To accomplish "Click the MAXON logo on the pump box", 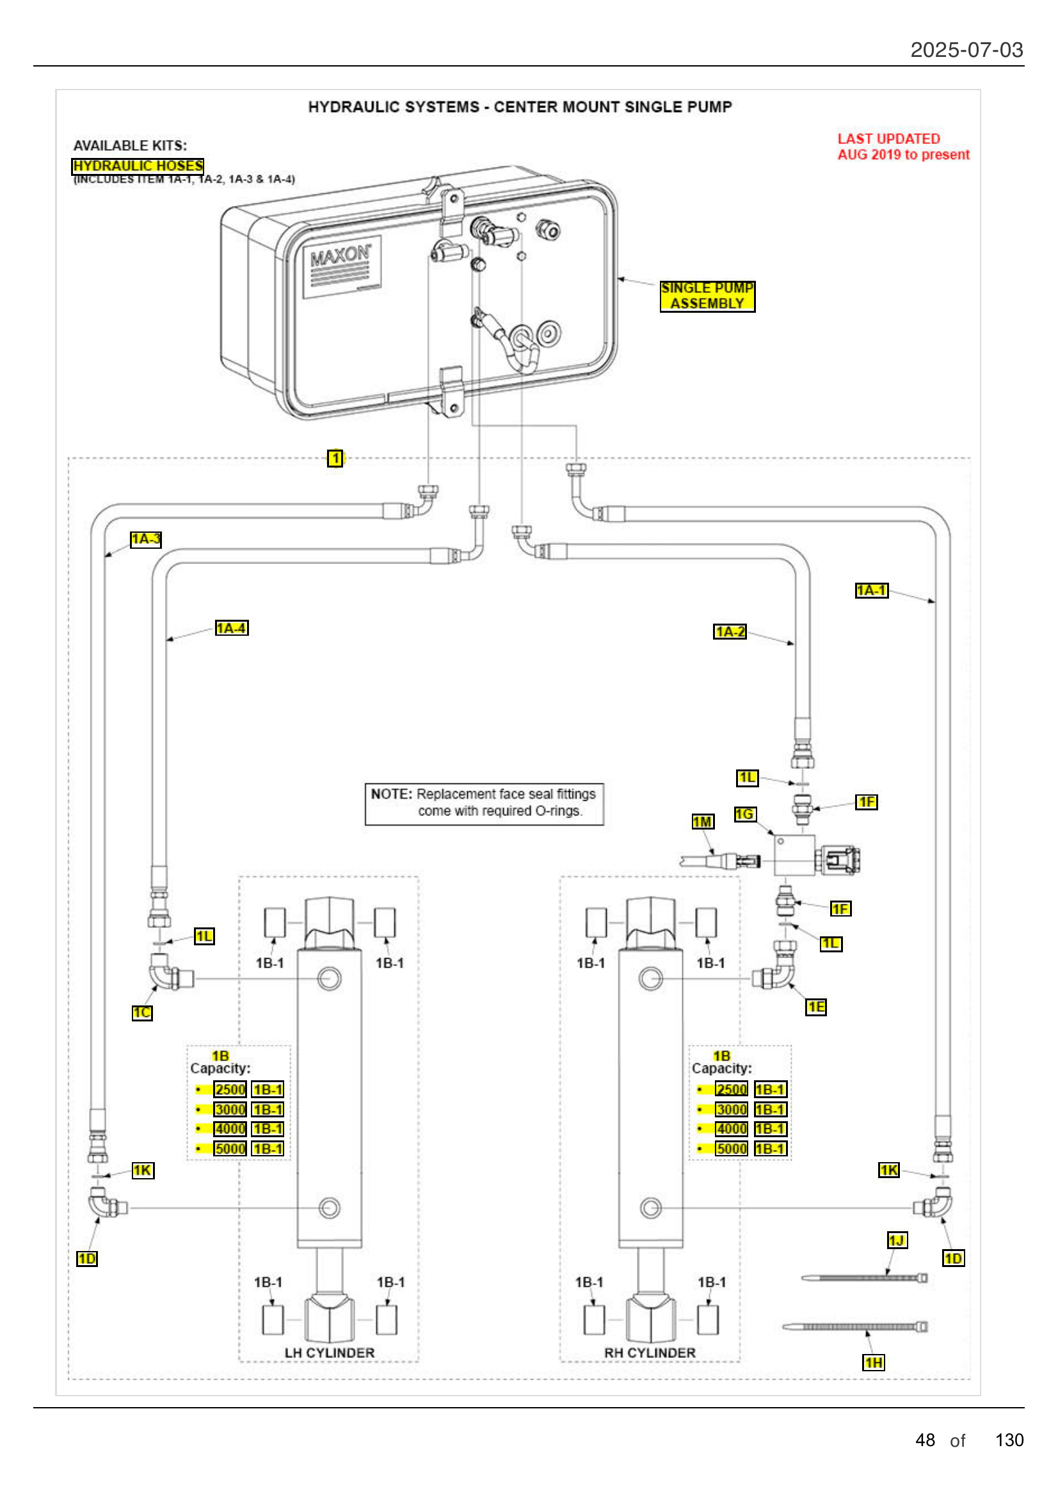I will (x=341, y=255).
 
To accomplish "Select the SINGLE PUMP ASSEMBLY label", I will (x=707, y=296).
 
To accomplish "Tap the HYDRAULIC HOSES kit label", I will (x=138, y=166).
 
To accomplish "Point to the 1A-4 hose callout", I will (x=232, y=628).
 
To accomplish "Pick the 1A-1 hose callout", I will (x=871, y=590).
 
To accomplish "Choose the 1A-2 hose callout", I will (x=730, y=631).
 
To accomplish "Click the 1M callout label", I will (x=702, y=822).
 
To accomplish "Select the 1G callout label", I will (x=744, y=814).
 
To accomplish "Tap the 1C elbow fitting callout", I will (x=142, y=1012).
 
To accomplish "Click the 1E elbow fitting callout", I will (x=815, y=1007).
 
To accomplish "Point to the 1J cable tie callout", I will (x=896, y=1240).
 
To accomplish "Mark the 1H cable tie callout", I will (x=873, y=1362).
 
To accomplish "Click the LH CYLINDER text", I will (x=329, y=1353).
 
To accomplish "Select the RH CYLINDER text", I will (x=649, y=1353).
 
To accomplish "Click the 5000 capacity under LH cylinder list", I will (x=230, y=1149).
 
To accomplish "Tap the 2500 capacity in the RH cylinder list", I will (x=731, y=1089).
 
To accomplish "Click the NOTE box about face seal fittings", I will (x=484, y=803).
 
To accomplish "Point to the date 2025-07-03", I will (x=966, y=50).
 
